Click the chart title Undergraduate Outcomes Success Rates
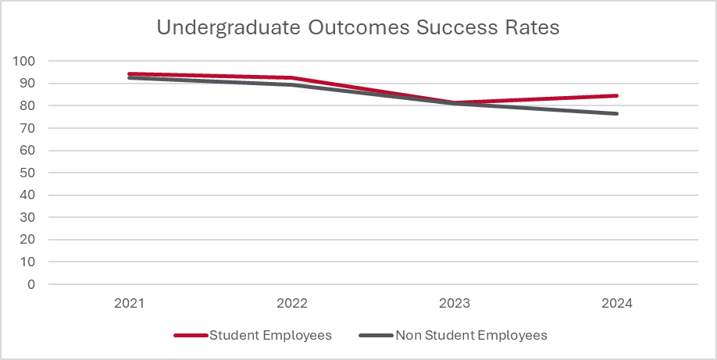358,27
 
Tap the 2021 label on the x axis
130,303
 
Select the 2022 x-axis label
292,303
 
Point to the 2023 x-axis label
455,303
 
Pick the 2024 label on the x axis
617,303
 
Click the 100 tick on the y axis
24,61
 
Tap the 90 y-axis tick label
27,84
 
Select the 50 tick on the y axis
27,173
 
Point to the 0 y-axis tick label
31,284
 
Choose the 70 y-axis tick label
27,128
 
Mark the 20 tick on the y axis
27,240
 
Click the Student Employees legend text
271,335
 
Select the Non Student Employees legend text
471,335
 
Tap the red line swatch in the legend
190,336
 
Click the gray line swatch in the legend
376,336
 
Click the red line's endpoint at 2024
617,96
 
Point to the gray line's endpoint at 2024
617,114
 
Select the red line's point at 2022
292,78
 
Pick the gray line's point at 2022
292,84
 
